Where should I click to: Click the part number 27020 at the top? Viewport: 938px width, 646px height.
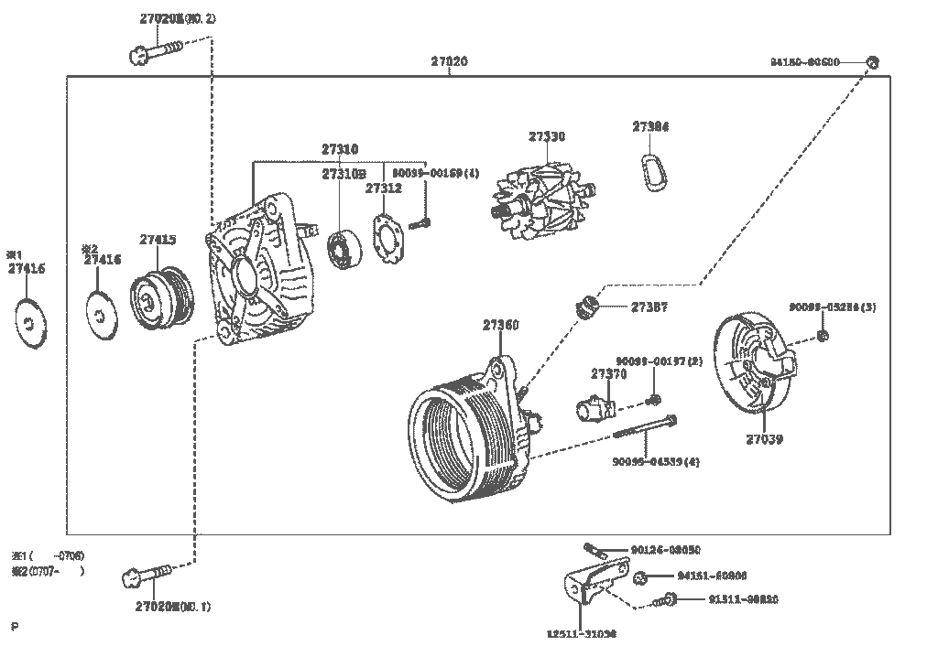(449, 62)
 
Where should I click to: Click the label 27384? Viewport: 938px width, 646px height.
(649, 127)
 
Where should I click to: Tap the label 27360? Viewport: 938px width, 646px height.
(500, 325)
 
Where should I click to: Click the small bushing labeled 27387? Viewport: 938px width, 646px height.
(584, 307)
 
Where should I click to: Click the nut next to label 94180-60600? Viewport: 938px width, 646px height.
(872, 62)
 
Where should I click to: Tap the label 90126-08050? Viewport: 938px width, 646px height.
(665, 550)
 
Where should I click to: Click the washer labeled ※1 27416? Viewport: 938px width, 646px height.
(31, 321)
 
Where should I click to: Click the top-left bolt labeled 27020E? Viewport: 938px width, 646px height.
(153, 54)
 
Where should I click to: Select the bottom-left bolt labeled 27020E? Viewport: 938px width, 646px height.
(147, 576)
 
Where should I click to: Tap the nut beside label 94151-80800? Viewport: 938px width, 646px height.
(641, 576)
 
